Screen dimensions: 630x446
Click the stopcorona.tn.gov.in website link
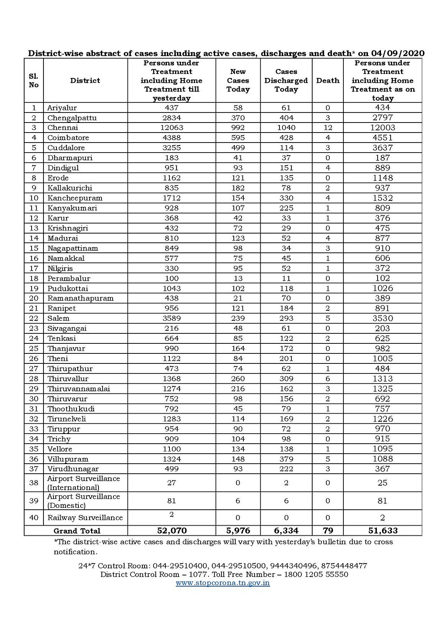click(x=223, y=582)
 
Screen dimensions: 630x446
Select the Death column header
click(x=327, y=81)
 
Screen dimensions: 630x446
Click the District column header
click(x=85, y=81)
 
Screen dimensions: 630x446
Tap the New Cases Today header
click(x=238, y=81)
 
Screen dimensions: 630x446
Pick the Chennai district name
click(x=63, y=128)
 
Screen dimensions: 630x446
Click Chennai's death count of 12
click(x=327, y=128)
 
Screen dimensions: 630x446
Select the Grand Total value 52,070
click(x=171, y=531)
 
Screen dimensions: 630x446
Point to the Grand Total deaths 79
click(x=327, y=531)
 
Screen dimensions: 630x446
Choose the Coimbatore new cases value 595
click(x=238, y=138)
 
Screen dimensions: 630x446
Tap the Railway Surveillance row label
click(x=85, y=518)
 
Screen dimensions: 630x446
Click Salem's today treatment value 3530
click(x=382, y=319)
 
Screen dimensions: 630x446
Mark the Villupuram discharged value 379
click(x=286, y=459)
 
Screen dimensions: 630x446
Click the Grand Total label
click(x=77, y=531)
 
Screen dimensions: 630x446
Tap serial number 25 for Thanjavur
click(x=34, y=349)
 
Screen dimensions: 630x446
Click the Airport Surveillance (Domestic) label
click(x=83, y=501)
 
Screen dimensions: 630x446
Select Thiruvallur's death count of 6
click(x=327, y=379)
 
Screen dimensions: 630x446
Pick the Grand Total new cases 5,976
click(x=238, y=531)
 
